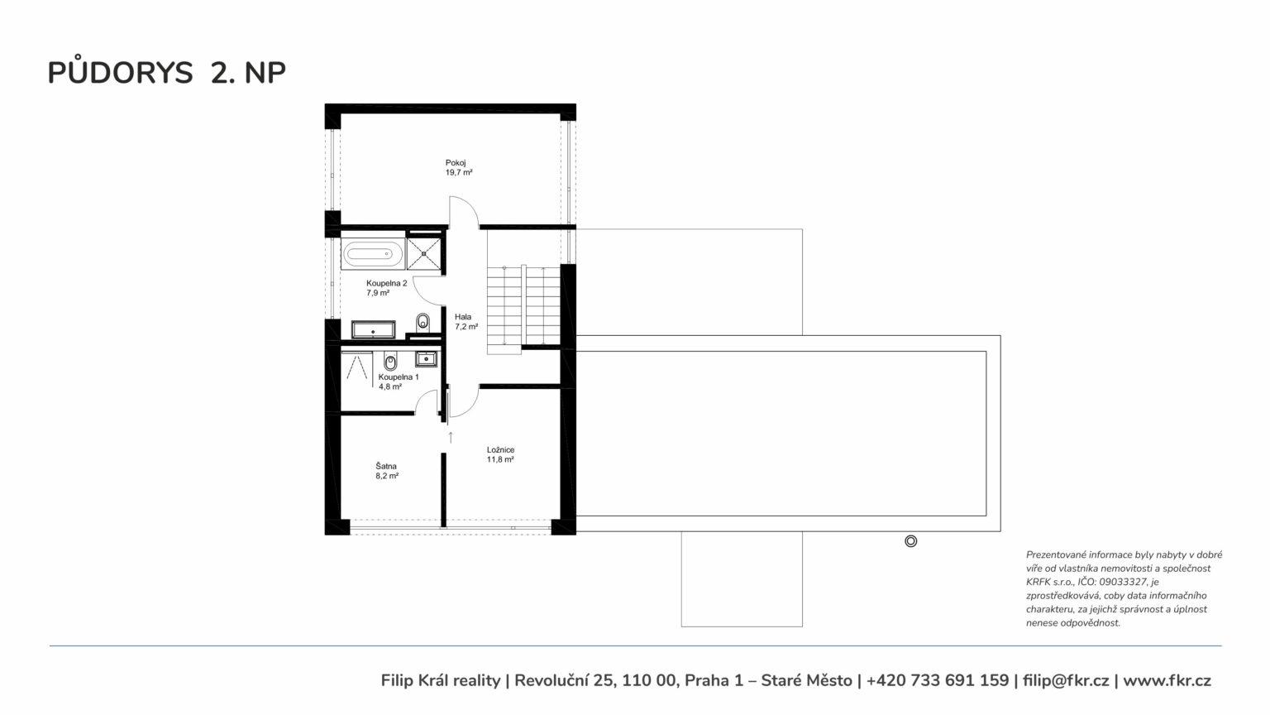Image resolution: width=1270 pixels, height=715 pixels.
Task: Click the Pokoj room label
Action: click(x=456, y=163)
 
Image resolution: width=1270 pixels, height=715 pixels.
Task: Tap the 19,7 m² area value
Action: click(x=459, y=172)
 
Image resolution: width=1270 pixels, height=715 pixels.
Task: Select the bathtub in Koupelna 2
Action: click(x=373, y=253)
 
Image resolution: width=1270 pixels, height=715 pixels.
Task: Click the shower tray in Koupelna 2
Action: click(x=423, y=253)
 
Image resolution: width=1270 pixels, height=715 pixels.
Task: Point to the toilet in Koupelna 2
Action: click(x=423, y=322)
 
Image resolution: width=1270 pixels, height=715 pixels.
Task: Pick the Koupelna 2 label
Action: click(x=387, y=283)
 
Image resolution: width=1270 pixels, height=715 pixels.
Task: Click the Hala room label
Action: click(x=463, y=317)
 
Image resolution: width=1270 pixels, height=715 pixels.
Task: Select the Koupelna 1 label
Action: click(x=399, y=377)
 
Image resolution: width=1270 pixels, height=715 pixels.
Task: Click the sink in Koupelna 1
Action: click(x=426, y=358)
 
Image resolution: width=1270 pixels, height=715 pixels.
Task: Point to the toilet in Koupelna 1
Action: click(x=390, y=361)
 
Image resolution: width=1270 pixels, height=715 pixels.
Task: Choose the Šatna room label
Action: click(x=386, y=467)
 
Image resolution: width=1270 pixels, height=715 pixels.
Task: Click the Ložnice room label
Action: click(x=500, y=450)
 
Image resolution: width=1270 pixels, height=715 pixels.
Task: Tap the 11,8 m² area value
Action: click(x=500, y=459)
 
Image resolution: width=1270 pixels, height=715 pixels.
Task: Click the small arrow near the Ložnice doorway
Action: click(x=451, y=437)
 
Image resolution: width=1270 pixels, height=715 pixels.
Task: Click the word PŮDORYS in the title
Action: click(x=120, y=72)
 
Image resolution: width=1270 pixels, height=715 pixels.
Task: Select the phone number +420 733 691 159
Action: click(x=938, y=680)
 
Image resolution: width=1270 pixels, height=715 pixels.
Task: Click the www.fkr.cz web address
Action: click(x=1167, y=680)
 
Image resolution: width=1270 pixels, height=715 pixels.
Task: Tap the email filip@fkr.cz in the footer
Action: click(x=1066, y=680)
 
